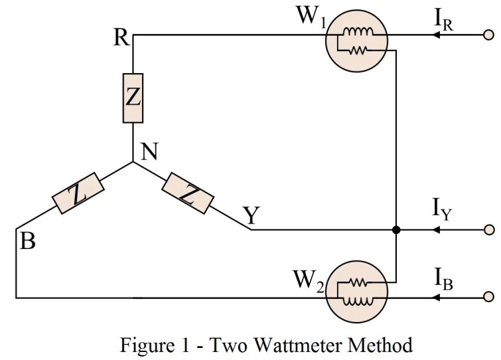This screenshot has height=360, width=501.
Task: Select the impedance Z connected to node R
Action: pos(133,98)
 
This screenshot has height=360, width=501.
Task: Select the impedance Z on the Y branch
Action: pos(188,193)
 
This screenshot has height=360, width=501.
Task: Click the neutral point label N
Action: pos(149,152)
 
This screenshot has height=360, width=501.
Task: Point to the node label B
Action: pos(27,241)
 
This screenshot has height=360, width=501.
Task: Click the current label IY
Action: pos(443,211)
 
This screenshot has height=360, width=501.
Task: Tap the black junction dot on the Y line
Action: pos(396,230)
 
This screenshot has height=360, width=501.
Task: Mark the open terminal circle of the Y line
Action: pos(490,230)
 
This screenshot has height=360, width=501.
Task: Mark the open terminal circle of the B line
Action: pos(490,297)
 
